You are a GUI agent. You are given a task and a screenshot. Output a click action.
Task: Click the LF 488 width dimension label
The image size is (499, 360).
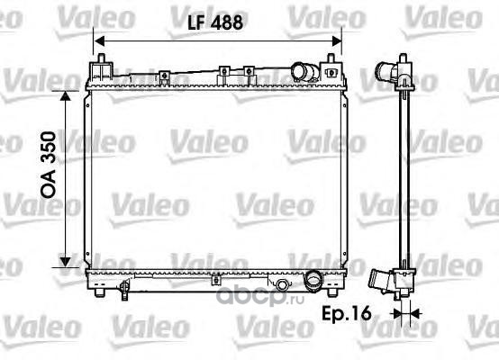(215, 22)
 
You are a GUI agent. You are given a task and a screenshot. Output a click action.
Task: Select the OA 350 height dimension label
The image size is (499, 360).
(49, 165)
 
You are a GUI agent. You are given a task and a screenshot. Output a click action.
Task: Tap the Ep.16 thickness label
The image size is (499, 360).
(347, 313)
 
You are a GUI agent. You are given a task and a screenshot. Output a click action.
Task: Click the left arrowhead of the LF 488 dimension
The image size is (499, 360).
(100, 41)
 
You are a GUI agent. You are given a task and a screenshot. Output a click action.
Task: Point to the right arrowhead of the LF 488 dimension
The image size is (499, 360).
(337, 41)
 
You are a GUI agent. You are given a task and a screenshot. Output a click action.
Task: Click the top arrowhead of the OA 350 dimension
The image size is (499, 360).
(65, 96)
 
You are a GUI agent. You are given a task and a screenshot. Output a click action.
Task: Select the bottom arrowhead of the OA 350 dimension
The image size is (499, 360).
(65, 262)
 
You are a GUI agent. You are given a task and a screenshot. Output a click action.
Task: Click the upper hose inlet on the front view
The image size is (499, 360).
(304, 72)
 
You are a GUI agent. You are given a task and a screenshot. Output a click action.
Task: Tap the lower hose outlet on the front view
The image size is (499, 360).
(313, 280)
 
